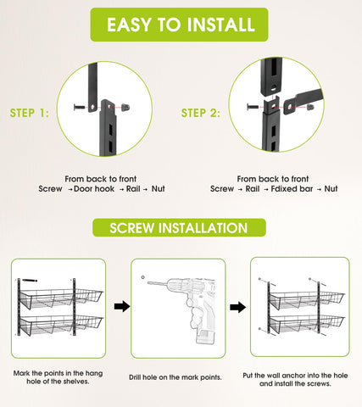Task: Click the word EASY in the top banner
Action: tap(129, 25)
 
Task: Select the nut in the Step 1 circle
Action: tap(125, 106)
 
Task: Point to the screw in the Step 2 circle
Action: tap(253, 107)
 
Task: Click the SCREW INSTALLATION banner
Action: tap(181, 228)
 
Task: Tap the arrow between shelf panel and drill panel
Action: tap(121, 305)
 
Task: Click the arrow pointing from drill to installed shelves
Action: tap(240, 305)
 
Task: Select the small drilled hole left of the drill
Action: tap(143, 276)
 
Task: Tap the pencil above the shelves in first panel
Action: tap(31, 278)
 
